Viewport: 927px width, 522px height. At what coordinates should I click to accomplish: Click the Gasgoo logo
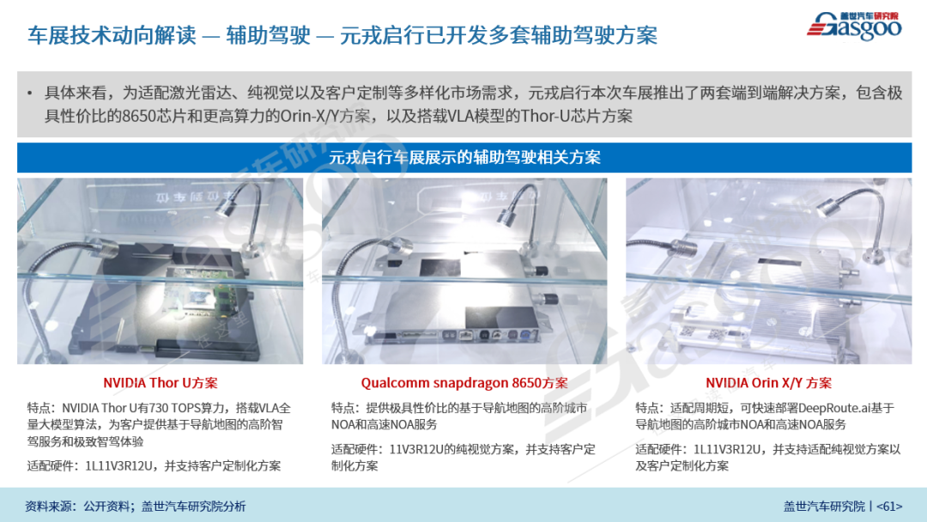tap(854, 26)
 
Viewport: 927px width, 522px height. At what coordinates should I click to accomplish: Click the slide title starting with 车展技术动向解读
tap(342, 35)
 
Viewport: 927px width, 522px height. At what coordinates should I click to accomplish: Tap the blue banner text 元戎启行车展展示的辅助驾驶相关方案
tap(464, 157)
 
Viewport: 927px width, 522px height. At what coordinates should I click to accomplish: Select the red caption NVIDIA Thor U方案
tap(161, 382)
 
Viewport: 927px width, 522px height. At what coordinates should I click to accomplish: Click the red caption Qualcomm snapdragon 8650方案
tap(464, 382)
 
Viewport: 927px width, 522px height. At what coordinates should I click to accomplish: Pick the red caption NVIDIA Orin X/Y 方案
tap(768, 382)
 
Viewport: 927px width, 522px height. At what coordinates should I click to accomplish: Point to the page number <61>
tap(889, 506)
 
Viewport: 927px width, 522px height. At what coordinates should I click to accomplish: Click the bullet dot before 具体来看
tap(29, 93)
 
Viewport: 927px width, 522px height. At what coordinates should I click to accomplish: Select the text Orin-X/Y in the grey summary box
tap(311, 115)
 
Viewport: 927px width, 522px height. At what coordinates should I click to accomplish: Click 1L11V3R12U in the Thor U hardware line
tap(118, 466)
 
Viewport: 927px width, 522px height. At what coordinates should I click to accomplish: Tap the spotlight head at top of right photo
tap(830, 205)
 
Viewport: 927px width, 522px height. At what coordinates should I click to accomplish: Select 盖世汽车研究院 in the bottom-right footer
tap(824, 506)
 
